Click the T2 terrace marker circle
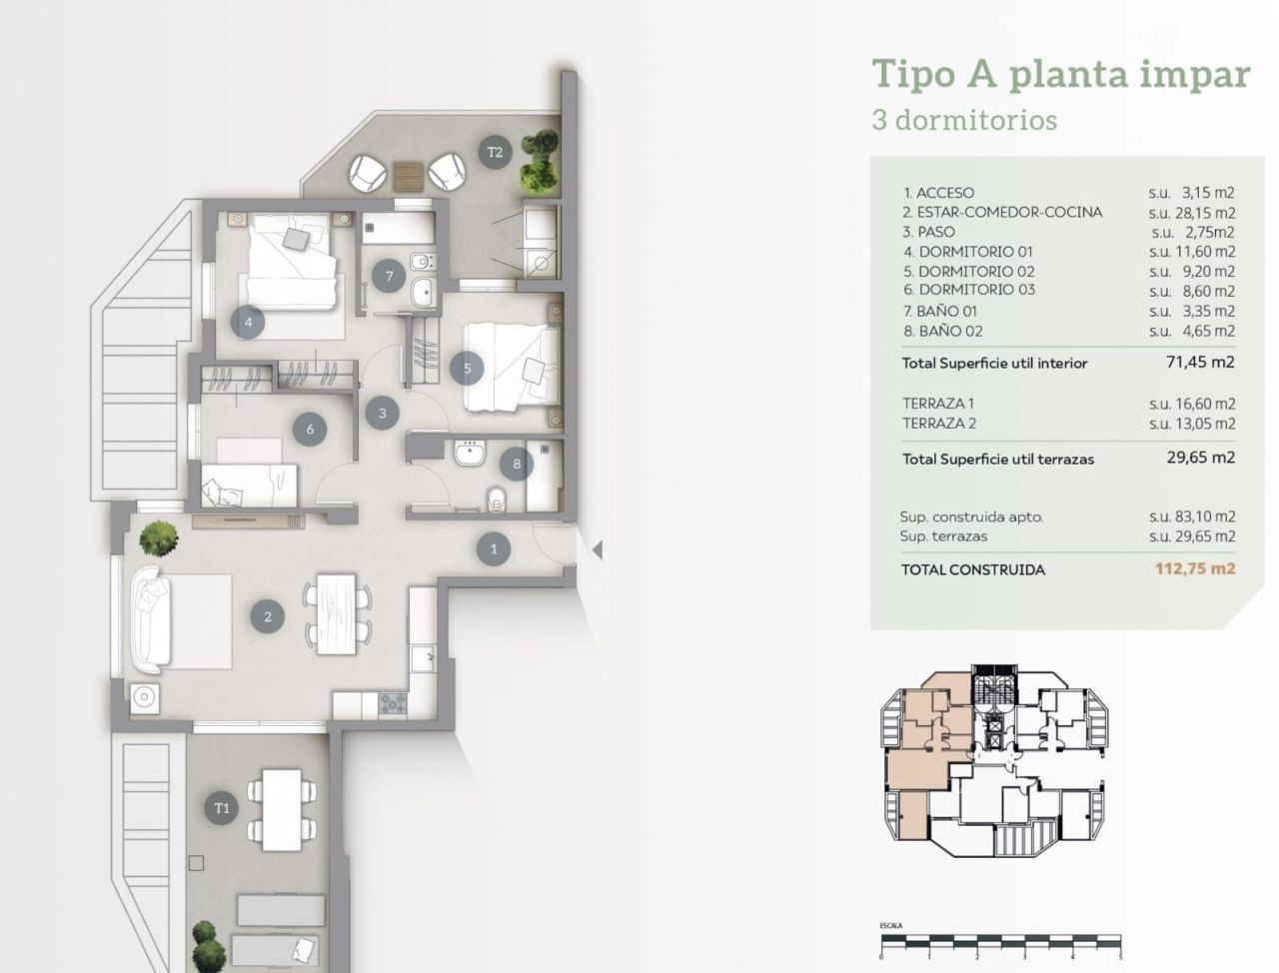point(494,153)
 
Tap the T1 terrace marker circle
point(222,808)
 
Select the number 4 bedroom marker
point(248,322)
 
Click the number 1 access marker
point(494,548)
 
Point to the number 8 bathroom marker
point(517,464)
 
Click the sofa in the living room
point(150,619)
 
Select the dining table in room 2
point(338,613)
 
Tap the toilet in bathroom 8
point(495,496)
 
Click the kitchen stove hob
point(393,703)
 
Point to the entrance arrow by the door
point(597,549)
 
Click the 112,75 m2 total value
point(1195,569)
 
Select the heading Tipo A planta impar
point(1060,75)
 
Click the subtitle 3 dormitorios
point(964,120)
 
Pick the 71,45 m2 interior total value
point(1200,363)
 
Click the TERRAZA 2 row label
point(939,423)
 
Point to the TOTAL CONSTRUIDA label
point(973,569)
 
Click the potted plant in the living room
point(159,539)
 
